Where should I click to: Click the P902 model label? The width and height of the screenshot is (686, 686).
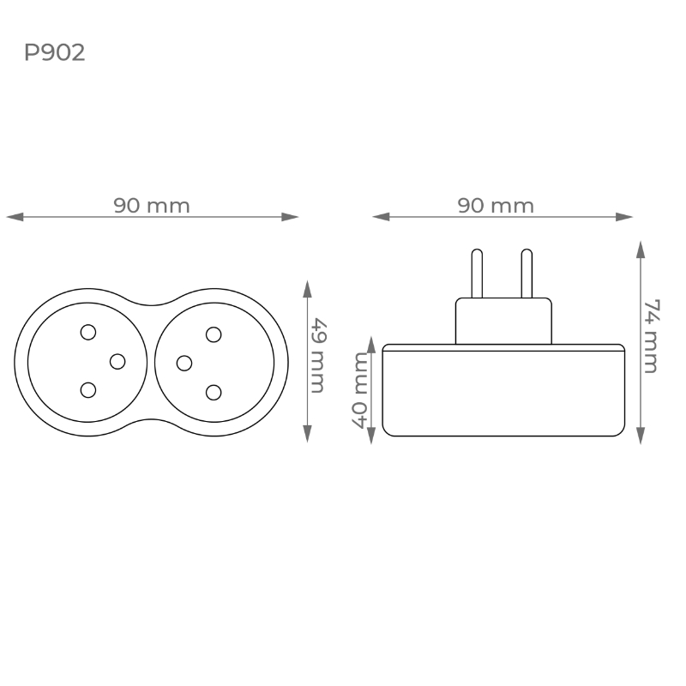(x=54, y=52)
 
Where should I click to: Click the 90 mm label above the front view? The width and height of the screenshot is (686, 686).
(x=152, y=206)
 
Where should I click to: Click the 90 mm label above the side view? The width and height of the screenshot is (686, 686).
(x=496, y=206)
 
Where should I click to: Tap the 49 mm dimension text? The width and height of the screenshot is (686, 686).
(x=318, y=356)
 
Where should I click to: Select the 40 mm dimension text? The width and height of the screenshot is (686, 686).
(x=360, y=390)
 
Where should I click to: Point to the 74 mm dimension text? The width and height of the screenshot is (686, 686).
(x=651, y=336)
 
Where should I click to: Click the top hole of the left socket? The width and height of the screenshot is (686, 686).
(x=88, y=332)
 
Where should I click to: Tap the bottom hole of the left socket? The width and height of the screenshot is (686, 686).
(x=88, y=390)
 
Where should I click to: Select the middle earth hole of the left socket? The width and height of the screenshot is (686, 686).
(x=117, y=361)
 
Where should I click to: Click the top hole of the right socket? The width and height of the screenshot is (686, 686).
(x=214, y=334)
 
